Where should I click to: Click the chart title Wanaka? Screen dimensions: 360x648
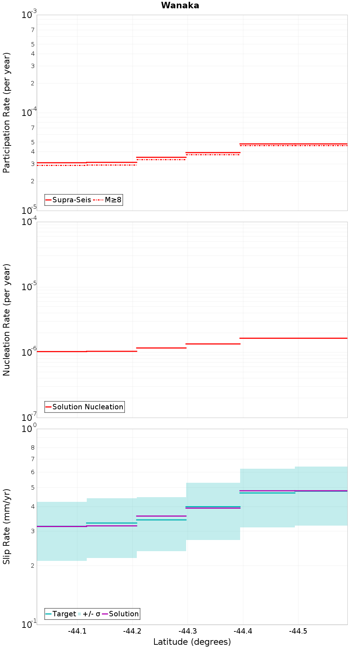pyautogui.click(x=180, y=5)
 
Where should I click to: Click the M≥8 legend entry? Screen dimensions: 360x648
pyautogui.click(x=108, y=200)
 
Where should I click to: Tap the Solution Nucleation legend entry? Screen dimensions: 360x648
pyautogui.click(x=85, y=407)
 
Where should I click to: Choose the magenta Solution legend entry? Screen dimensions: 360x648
pyautogui.click(x=121, y=614)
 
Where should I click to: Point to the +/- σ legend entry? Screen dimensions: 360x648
pyautogui.click(x=89, y=614)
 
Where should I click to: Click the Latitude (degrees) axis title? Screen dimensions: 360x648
pyautogui.click(x=192, y=642)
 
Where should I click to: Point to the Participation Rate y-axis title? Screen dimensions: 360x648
pyautogui.click(x=6, y=113)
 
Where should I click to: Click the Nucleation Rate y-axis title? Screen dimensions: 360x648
pyautogui.click(x=6, y=320)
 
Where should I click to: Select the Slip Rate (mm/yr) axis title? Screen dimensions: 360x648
pyautogui.click(x=6, y=526)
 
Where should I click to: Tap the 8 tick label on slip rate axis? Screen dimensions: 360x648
pyautogui.click(x=33, y=448)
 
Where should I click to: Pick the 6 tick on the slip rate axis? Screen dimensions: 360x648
pyautogui.click(x=33, y=472)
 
